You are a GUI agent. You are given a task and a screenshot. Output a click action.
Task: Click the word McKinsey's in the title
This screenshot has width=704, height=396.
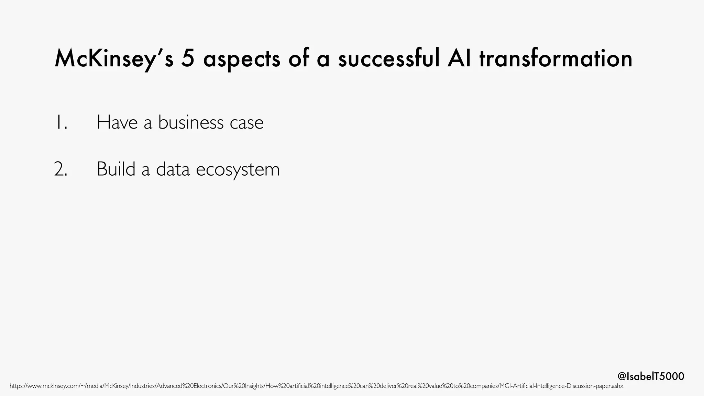click(x=114, y=59)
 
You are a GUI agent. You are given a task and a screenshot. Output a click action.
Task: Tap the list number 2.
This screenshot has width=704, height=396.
click(x=61, y=169)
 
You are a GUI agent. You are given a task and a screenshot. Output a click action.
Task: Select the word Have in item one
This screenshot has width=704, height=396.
click(x=117, y=122)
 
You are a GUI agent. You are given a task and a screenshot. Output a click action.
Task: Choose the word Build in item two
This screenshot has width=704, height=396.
click(x=116, y=169)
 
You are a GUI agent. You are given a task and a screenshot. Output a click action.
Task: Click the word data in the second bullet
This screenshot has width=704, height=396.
click(x=173, y=169)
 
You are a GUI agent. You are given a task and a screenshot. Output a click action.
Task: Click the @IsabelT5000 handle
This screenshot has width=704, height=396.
click(x=651, y=376)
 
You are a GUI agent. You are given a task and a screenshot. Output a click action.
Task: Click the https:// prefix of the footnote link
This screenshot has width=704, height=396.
click(x=18, y=386)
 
